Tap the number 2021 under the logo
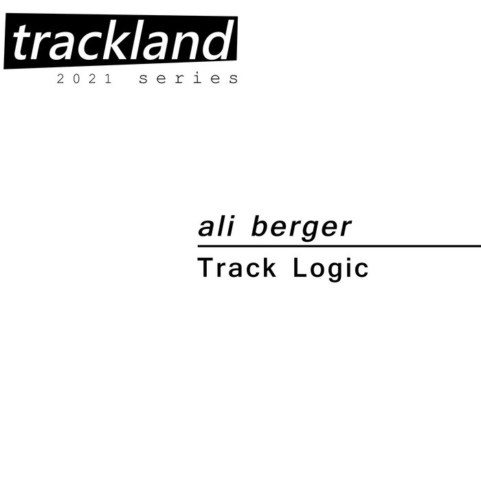click(85, 78)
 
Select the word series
click(188, 78)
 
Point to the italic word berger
click(301, 228)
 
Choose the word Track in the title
click(237, 267)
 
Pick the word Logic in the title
click(331, 269)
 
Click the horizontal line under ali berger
click(339, 246)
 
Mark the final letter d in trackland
click(216, 40)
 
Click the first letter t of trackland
click(21, 43)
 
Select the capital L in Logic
click(300, 267)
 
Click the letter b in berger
click(261, 226)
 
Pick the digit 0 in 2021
click(76, 78)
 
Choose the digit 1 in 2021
click(109, 78)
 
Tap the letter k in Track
click(269, 267)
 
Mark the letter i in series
click(198, 78)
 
